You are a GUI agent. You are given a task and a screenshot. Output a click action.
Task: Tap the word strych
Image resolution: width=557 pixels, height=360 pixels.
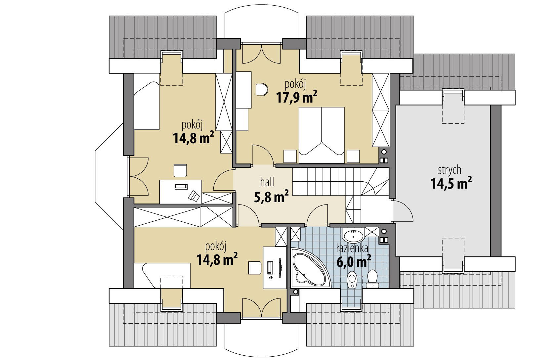[450, 170]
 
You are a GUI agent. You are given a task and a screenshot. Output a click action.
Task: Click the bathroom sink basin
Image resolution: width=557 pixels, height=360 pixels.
[353, 236]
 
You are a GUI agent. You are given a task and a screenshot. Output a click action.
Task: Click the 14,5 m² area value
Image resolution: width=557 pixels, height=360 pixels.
[451, 184]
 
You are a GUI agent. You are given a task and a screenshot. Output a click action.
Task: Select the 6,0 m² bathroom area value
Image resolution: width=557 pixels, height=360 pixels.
[353, 262]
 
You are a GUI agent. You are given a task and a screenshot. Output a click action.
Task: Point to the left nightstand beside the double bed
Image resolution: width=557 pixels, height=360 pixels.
[290, 156]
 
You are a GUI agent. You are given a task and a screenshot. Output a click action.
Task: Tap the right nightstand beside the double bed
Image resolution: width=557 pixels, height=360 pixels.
[353, 156]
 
